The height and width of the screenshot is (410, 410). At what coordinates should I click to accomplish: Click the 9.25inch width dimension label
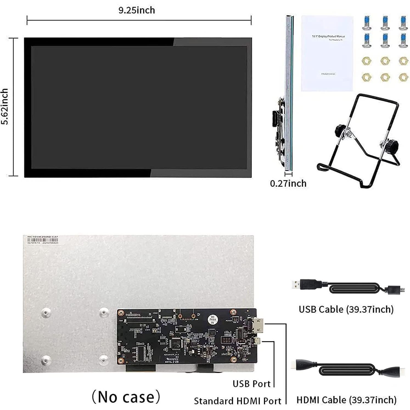pyautogui.click(x=137, y=10)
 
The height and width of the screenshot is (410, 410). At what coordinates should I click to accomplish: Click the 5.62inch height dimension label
pyautogui.click(x=5, y=106)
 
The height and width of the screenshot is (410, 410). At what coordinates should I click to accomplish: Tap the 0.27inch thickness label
pyautogui.click(x=288, y=183)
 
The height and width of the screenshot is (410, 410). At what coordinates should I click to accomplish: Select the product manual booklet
pyautogui.click(x=327, y=53)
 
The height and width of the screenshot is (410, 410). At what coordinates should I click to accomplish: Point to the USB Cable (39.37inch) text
pyautogui.click(x=346, y=309)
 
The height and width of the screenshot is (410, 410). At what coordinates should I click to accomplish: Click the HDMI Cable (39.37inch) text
pyautogui.click(x=346, y=400)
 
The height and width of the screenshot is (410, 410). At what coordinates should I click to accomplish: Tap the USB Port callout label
pyautogui.click(x=251, y=384)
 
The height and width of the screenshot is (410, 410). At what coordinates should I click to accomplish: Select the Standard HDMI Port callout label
pyautogui.click(x=237, y=401)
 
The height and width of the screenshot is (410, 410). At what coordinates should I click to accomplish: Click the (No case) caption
pyautogui.click(x=126, y=397)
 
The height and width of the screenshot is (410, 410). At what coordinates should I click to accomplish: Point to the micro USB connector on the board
pyautogui.click(x=257, y=341)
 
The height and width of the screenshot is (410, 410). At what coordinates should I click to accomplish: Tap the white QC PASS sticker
pyautogui.click(x=213, y=319)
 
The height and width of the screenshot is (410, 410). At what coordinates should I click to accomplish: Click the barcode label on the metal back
pyautogui.click(x=43, y=240)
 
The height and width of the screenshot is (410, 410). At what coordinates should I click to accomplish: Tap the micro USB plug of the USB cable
pyautogui.click(x=395, y=289)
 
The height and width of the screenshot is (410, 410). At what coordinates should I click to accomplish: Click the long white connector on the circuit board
pyautogui.click(x=139, y=320)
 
